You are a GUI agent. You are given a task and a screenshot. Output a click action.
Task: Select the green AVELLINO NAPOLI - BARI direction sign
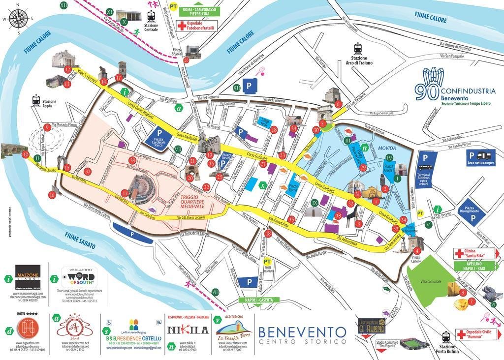pos(474,267)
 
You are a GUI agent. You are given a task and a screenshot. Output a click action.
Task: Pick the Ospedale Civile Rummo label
pos(474,334)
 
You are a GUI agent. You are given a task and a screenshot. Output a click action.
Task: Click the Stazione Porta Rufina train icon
pos(446,337)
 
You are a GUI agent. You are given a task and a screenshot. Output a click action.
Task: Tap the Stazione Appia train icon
pos(36,100)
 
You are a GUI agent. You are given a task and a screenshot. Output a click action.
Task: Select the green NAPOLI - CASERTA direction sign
pos(258,300)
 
